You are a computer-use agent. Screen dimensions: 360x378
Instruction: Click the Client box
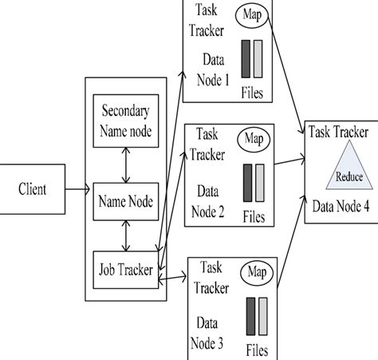(33, 190)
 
